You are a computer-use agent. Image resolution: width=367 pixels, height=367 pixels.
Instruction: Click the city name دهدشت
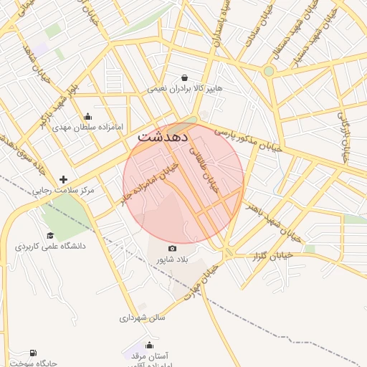(x=163, y=135)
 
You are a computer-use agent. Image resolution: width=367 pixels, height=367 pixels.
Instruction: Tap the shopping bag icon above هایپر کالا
(x=186, y=77)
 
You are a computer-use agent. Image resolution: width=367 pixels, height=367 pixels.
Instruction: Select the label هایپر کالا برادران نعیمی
(x=186, y=90)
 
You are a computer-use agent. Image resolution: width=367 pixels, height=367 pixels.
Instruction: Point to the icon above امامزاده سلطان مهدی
(x=88, y=117)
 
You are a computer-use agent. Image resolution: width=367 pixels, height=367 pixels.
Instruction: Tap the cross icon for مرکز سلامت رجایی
(x=63, y=180)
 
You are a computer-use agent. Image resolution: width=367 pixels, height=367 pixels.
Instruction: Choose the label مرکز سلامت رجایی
(x=64, y=191)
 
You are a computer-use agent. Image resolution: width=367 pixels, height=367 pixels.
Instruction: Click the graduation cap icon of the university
(x=50, y=235)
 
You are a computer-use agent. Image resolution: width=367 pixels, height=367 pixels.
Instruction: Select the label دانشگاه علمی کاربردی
(x=50, y=246)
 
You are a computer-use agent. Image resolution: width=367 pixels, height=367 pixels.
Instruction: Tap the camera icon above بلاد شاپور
(x=171, y=248)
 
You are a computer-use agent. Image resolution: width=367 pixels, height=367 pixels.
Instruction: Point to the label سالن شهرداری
(x=142, y=317)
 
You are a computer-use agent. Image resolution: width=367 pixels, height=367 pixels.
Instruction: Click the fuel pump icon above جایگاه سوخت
(x=32, y=353)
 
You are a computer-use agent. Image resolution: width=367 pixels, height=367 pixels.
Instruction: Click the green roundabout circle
(x=269, y=71)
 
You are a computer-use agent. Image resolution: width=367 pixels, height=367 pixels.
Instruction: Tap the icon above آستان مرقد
(x=149, y=344)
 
